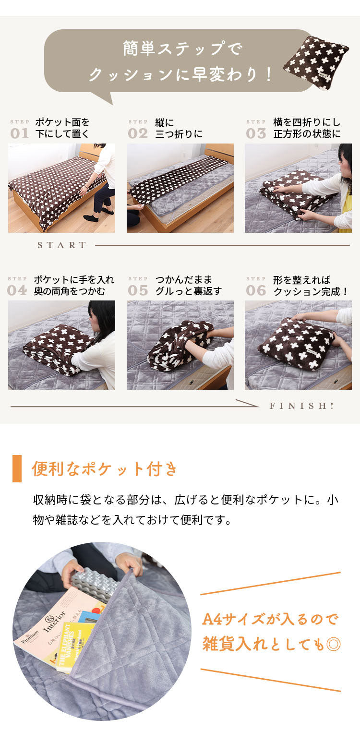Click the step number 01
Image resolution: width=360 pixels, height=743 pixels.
20,133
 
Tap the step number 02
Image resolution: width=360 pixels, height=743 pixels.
138,133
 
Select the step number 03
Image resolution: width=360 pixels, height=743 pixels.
256,133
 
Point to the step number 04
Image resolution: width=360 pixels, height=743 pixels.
17,290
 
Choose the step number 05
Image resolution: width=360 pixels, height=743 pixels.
138,290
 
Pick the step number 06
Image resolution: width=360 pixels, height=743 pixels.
256,290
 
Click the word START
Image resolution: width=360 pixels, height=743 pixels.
62,245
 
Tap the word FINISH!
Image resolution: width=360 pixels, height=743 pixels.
302,406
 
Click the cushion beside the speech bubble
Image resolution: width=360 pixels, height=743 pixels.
315,62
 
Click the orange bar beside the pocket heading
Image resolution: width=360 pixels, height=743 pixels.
17,468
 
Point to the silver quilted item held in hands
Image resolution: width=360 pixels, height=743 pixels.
94,584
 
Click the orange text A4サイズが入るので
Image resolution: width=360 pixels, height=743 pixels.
270,619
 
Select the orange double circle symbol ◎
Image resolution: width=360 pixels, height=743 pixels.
333,644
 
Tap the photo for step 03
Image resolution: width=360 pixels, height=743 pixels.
298,188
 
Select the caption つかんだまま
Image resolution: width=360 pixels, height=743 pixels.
184,279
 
